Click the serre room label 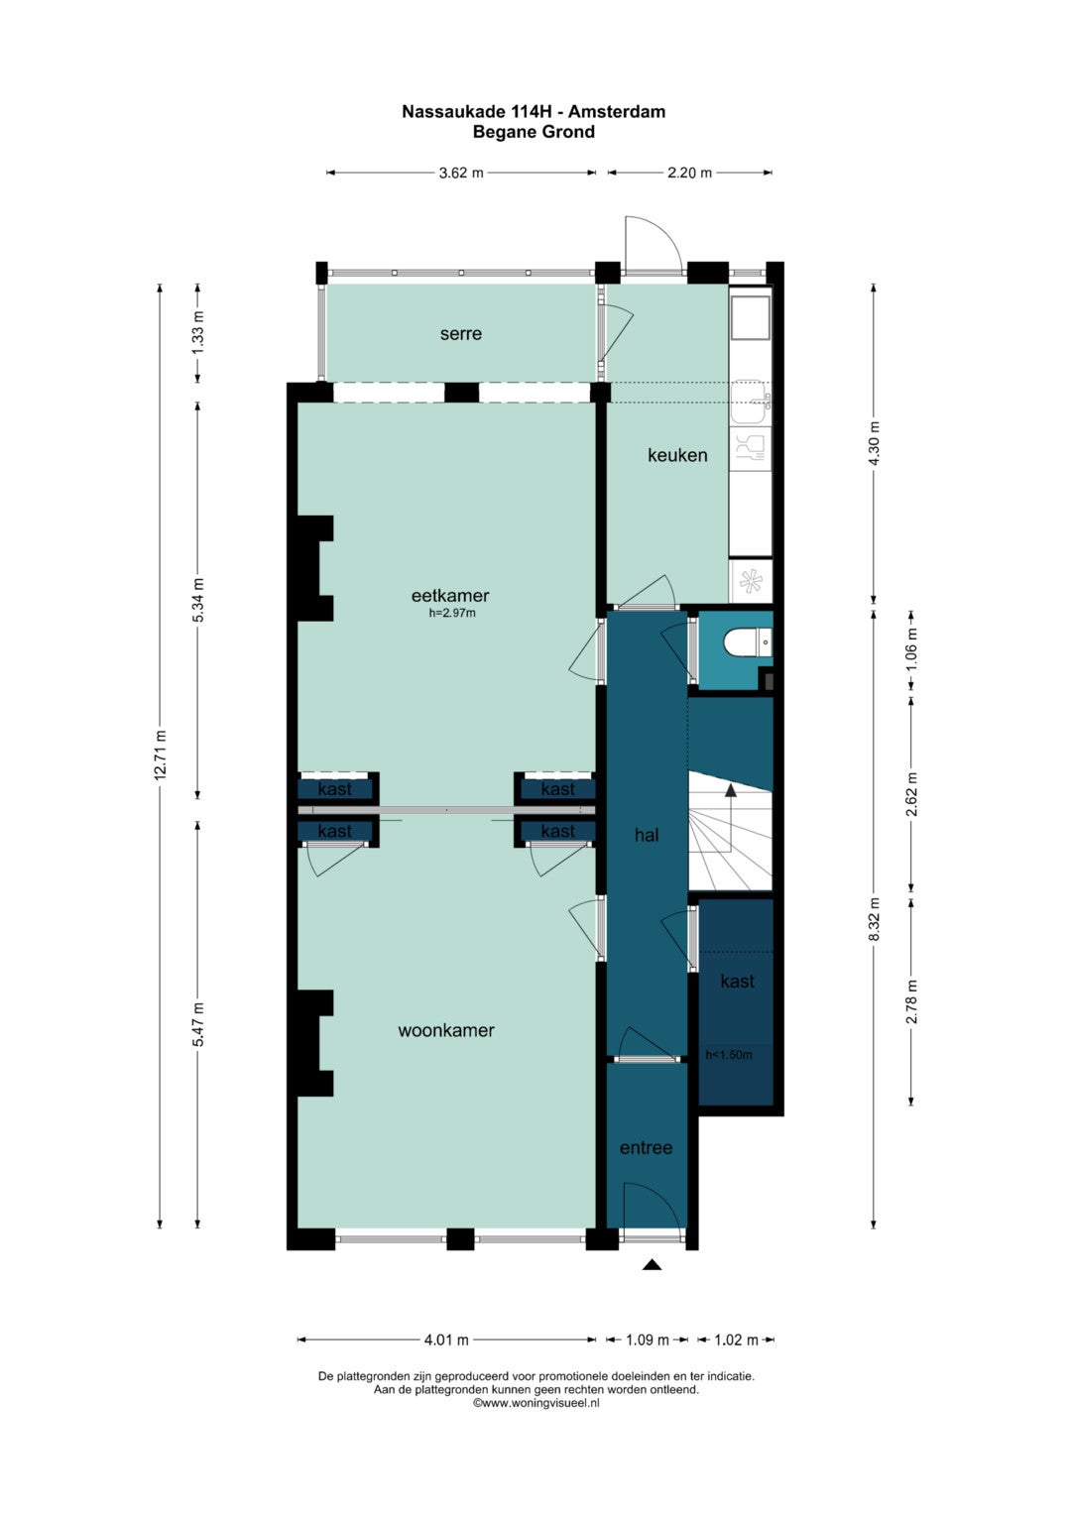point(460,333)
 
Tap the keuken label point(677,455)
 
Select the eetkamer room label point(449,596)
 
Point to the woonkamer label point(446,1030)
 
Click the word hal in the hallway point(647,835)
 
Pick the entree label point(646,1147)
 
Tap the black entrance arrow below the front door point(652,1264)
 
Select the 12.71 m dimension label point(161,755)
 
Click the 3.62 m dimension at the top point(461,173)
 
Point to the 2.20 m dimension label point(689,173)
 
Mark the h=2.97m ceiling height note point(451,613)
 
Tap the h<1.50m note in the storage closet point(728,1054)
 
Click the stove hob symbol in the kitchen point(751,581)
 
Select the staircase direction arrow point(731,818)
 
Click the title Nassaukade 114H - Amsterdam point(534,111)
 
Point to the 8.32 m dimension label point(874,919)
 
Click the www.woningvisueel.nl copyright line point(536,1403)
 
